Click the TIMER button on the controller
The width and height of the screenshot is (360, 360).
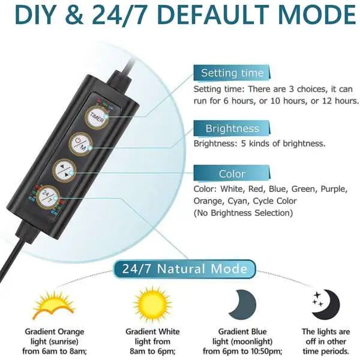pos(97,116)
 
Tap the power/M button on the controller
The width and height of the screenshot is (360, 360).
pos(81,143)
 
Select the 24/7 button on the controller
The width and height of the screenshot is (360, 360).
pos(46,196)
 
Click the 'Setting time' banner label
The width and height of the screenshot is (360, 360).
pos(232,73)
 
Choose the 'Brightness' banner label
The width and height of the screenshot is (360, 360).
pos(232,128)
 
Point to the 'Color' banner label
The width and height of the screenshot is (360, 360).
pos(232,174)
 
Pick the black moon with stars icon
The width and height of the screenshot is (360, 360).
pos(326,305)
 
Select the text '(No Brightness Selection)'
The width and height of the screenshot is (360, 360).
pos(242,213)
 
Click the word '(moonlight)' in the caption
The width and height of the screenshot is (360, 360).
pos(254,341)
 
